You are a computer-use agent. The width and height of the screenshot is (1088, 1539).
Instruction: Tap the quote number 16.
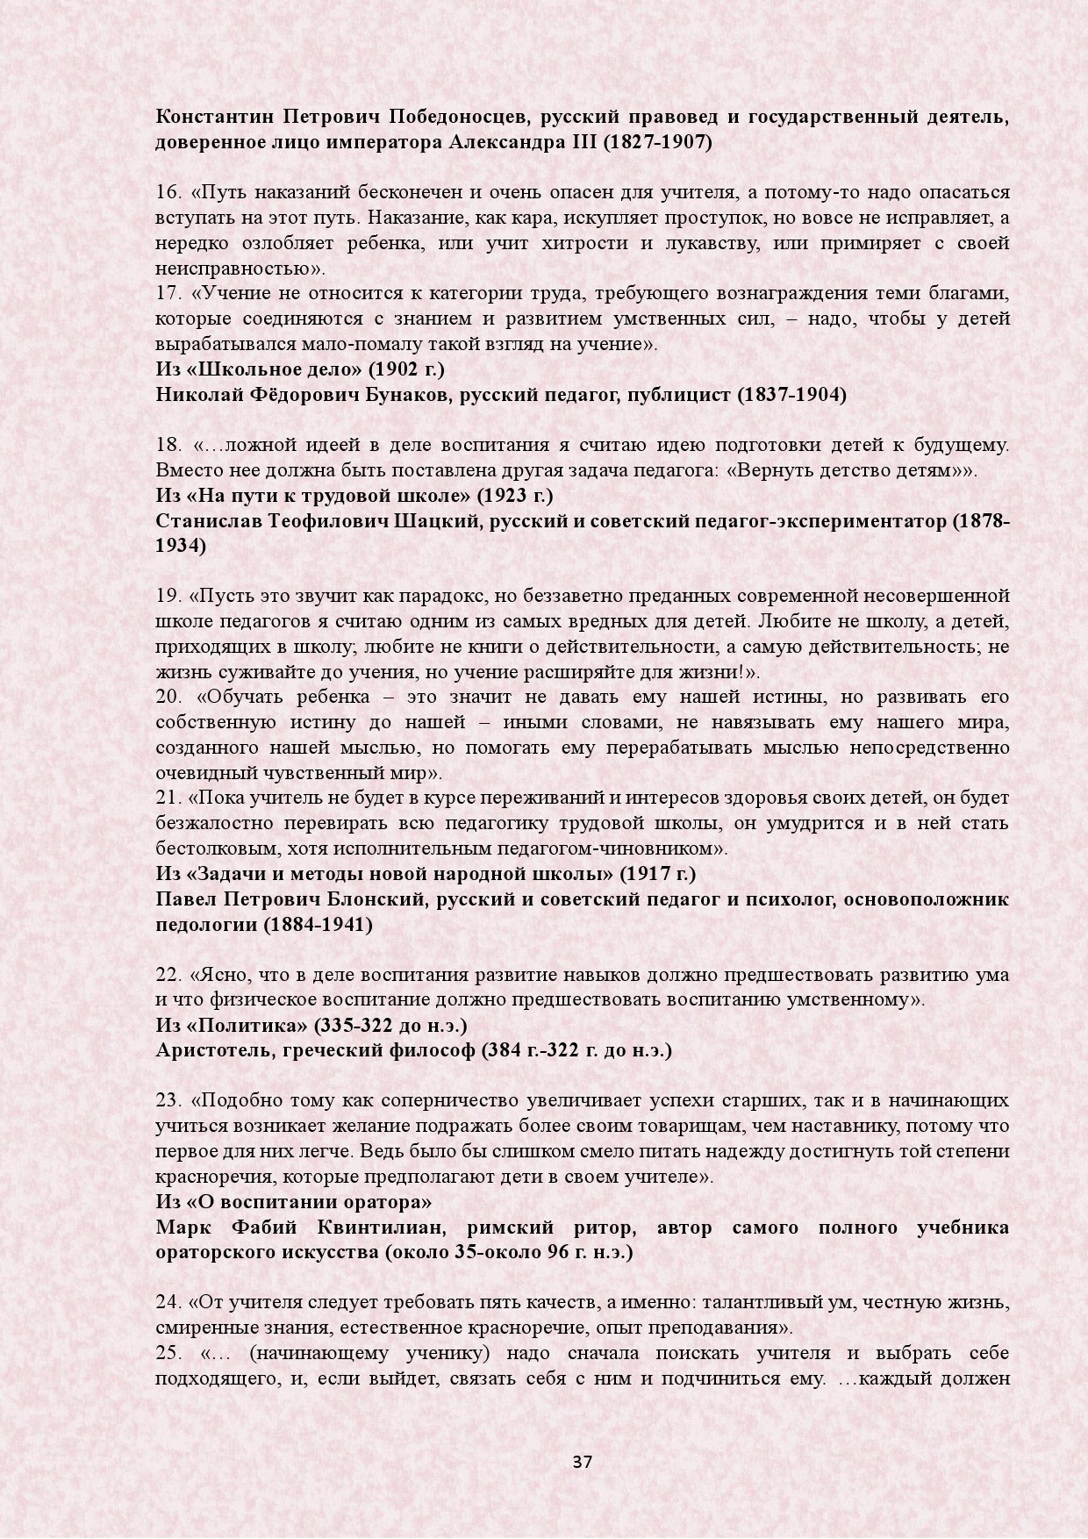(168, 192)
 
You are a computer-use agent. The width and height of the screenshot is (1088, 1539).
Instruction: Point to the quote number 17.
(168, 294)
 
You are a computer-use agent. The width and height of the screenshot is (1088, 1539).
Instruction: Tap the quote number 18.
(168, 446)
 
